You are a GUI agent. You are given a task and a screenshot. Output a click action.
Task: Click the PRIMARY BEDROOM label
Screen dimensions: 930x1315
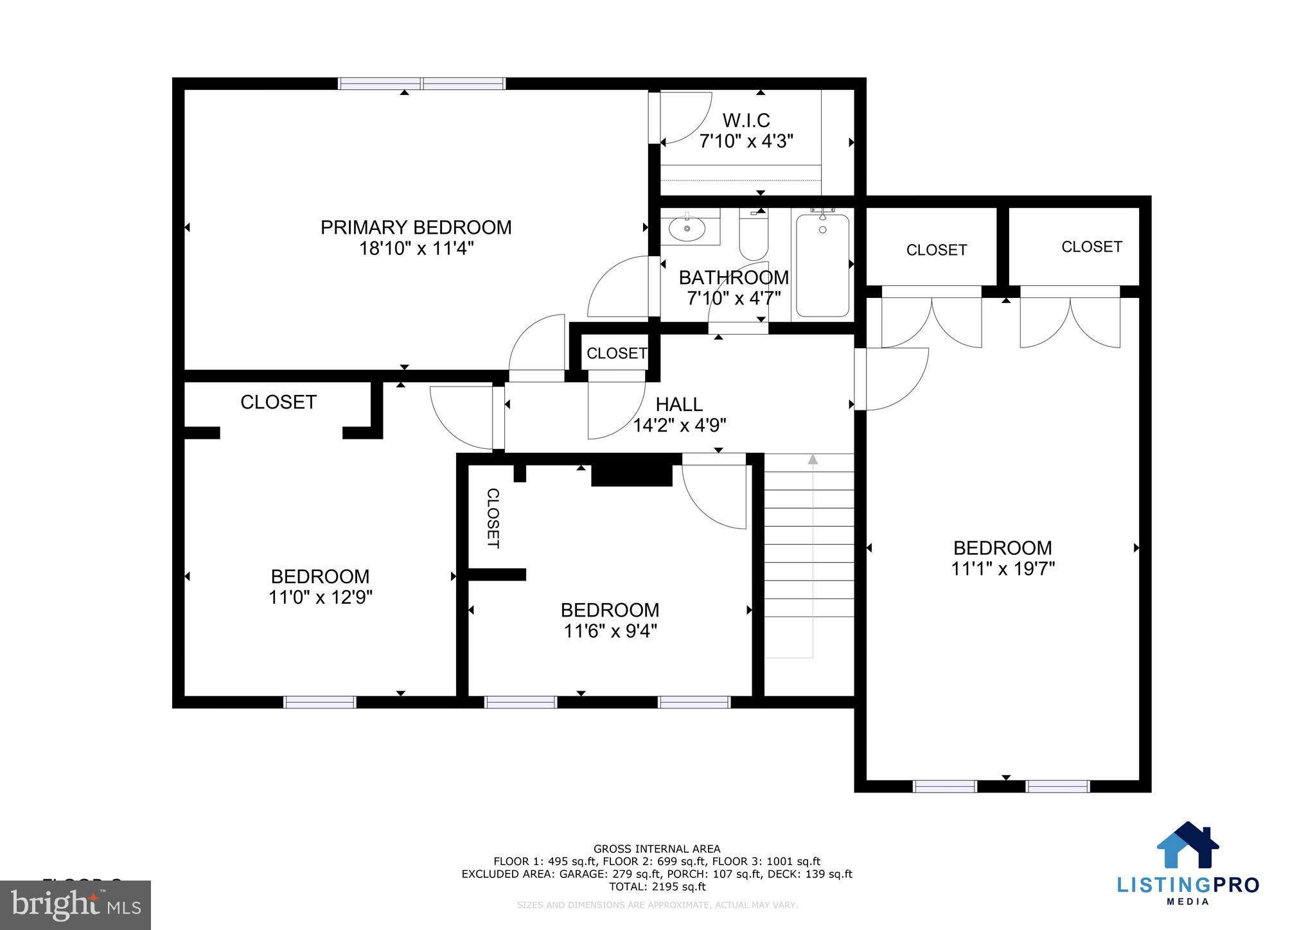[416, 227]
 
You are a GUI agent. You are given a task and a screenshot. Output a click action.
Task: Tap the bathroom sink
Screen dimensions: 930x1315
[687, 228]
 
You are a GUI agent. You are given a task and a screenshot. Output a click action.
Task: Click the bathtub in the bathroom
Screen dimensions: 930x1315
[822, 265]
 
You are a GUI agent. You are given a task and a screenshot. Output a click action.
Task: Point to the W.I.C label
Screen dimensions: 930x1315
[746, 120]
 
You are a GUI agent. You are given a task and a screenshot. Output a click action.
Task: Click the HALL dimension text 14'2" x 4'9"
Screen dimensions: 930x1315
[679, 425]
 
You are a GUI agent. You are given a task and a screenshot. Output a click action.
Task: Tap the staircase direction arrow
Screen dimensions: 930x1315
[813, 459]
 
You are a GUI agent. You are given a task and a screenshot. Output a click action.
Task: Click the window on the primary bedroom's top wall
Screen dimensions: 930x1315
[421, 83]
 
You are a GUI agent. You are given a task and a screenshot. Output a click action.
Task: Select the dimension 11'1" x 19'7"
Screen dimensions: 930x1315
[1002, 569]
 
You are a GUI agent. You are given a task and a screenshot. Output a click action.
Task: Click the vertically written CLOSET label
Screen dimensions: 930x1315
[493, 518]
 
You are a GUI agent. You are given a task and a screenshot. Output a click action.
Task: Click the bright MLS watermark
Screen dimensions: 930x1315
[75, 905]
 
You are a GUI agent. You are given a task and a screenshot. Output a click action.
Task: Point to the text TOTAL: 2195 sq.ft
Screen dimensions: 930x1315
[657, 887]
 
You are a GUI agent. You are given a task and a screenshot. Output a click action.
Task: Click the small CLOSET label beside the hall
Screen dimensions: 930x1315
[616, 353]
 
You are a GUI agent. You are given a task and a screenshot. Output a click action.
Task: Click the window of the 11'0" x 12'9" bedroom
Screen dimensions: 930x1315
[320, 702]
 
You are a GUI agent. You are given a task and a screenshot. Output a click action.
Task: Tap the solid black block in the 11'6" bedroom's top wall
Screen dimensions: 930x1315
[631, 474]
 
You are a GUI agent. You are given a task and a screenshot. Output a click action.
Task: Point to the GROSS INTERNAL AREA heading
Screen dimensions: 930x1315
[657, 849]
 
